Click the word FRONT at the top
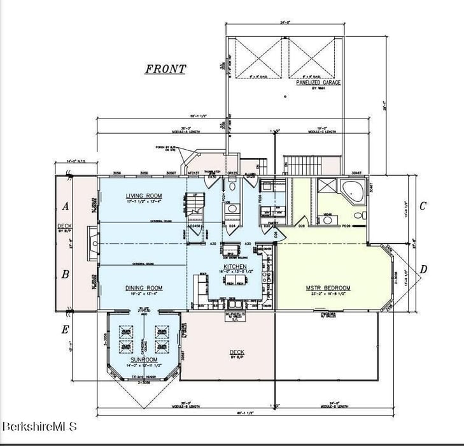point(165,69)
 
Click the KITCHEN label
point(235,266)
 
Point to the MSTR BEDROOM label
point(328,288)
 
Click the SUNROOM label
point(143,359)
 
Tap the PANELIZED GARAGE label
point(318,82)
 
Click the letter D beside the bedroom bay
point(423,270)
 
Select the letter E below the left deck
point(65,329)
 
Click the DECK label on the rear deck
point(237,352)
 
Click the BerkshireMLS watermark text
point(39,426)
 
